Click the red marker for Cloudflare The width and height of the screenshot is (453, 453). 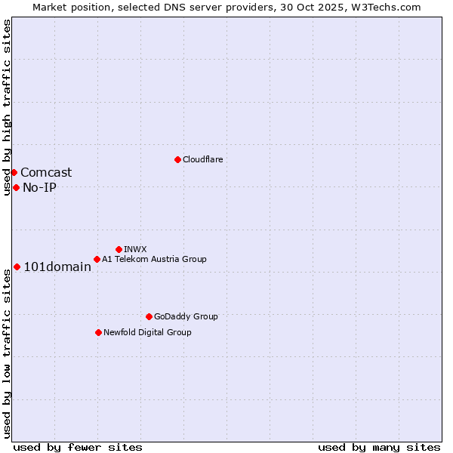[177, 159]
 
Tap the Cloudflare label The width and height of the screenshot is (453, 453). [202, 159]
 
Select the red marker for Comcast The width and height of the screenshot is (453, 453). [14, 172]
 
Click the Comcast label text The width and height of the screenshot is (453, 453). [46, 173]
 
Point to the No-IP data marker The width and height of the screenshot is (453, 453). [16, 187]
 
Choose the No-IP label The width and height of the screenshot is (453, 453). [39, 188]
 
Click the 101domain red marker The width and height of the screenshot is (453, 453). [17, 267]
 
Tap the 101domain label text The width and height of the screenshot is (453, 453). [57, 267]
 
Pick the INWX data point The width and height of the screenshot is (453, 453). [119, 249]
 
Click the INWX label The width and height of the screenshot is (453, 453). [135, 249]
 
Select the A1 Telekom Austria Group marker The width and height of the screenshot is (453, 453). [97, 259]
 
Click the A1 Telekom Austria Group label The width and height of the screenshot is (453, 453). [154, 259]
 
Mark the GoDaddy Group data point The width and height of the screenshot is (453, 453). [149, 316]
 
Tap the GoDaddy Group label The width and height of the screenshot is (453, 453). [186, 316]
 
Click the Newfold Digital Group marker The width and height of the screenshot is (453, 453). [98, 332]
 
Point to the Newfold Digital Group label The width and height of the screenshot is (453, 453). [147, 332]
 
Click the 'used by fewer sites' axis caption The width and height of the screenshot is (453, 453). [78, 447]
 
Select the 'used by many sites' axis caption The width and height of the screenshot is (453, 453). [379, 447]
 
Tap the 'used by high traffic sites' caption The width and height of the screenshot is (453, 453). [7, 107]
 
